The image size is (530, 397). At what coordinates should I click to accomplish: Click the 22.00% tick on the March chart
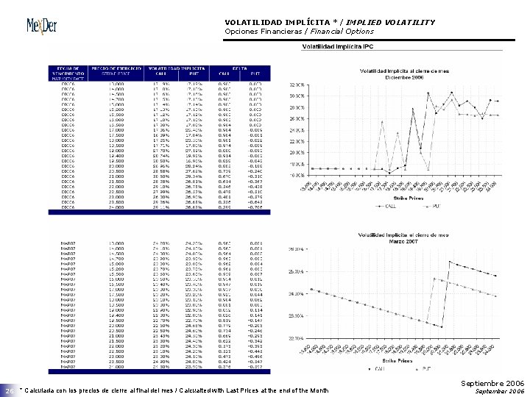[x=294, y=338]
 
